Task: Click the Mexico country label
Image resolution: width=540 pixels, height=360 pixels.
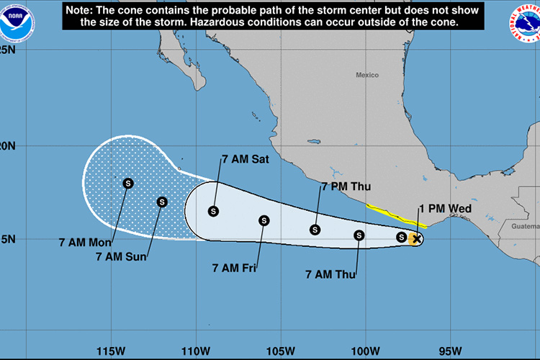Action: [x=366, y=75]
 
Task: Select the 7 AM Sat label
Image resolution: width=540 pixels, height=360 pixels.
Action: [x=245, y=160]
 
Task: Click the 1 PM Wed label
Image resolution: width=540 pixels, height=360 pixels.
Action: [x=445, y=210]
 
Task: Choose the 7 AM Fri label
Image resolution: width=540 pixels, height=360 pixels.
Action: [x=235, y=268]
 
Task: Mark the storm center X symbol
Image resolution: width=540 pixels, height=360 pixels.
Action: [x=416, y=238]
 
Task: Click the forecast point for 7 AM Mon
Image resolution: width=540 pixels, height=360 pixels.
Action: [x=128, y=183]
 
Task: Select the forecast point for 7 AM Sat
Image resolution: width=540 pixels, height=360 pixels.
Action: [x=213, y=211]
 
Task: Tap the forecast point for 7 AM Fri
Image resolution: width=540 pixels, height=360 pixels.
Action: [x=264, y=220]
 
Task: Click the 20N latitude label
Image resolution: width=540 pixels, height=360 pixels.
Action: [x=9, y=145]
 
